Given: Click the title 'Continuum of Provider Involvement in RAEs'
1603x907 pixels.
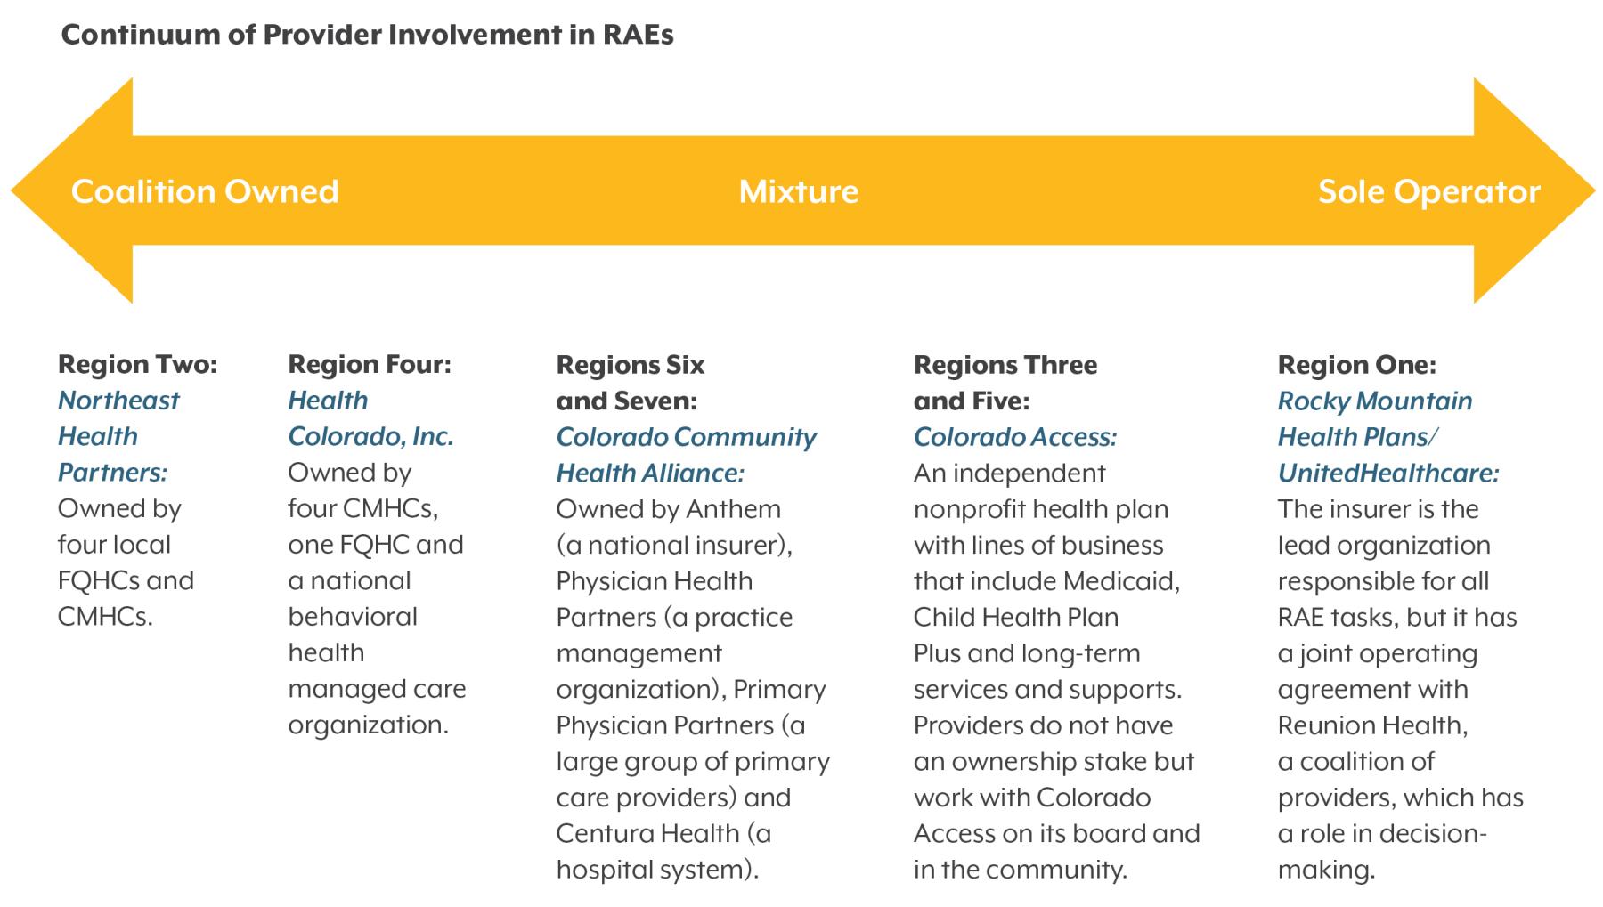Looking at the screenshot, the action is [367, 35].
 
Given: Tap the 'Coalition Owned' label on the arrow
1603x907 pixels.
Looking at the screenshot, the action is [205, 191].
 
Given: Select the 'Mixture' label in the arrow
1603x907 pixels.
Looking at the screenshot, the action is [799, 191].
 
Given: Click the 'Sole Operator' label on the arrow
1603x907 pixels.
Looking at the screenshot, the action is [1429, 191].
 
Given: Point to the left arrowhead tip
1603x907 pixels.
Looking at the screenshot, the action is [12, 190].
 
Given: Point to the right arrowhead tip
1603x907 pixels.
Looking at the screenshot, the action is [1595, 190].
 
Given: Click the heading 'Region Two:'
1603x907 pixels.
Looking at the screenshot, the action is [137, 365].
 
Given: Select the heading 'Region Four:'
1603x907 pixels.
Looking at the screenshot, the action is [370, 365].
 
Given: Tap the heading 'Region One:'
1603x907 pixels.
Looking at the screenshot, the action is [1357, 365].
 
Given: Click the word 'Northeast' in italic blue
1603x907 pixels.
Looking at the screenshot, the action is [118, 401].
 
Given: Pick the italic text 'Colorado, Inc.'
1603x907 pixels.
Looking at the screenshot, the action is [370, 437].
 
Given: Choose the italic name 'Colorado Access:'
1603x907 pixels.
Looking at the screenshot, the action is [1015, 437].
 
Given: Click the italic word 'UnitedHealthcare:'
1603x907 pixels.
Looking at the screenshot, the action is [1388, 473].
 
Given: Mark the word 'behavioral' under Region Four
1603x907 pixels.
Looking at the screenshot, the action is [353, 617].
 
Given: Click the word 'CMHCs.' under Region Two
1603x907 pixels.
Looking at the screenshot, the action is [105, 617].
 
